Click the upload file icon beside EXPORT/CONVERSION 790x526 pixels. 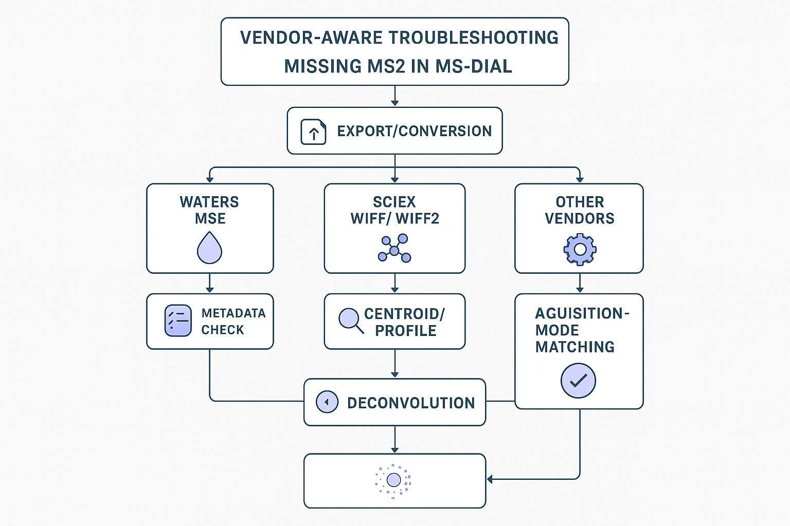point(313,131)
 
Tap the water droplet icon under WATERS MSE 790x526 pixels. point(209,248)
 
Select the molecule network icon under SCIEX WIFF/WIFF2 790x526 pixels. point(394,248)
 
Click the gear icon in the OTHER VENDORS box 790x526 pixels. point(580,249)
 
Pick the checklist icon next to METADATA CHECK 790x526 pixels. point(177,321)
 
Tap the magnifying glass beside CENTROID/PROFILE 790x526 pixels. point(350,320)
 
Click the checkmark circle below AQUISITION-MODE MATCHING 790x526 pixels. point(578,381)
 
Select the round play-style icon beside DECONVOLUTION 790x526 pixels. point(327,402)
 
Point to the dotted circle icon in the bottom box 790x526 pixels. point(393,480)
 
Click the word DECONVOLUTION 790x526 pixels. point(410,403)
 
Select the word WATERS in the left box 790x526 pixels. point(209,202)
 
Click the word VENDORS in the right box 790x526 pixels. point(580,219)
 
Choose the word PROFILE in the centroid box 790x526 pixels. point(406,331)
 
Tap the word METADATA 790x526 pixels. point(234,313)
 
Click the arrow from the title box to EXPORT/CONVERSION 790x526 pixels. point(394,96)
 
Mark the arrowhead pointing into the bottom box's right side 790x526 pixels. point(490,479)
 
